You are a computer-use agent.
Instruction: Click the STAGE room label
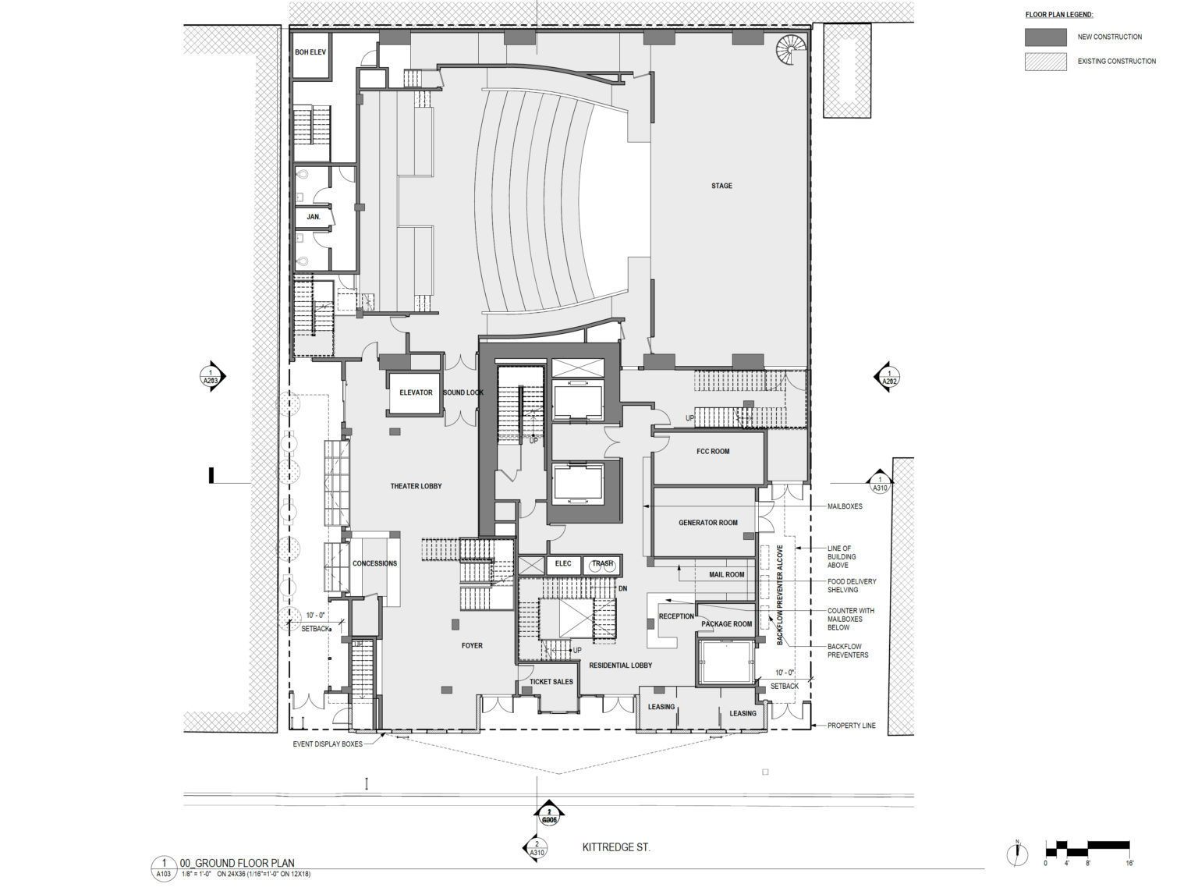coord(721,186)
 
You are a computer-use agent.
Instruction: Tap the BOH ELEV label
coord(310,52)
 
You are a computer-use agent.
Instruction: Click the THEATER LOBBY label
coord(416,486)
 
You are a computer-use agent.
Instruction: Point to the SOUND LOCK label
coord(463,392)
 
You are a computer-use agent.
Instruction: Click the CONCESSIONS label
coord(374,563)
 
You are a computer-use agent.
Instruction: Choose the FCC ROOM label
coord(713,452)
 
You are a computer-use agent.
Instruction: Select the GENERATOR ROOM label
coord(707,523)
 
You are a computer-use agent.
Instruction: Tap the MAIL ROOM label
coord(726,575)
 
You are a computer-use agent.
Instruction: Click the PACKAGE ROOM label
coord(726,624)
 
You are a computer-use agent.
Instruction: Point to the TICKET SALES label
coord(551,682)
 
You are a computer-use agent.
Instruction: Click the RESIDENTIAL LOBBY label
coord(620,666)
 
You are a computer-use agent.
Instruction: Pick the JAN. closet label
coord(313,217)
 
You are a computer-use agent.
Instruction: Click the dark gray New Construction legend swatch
coord(1045,37)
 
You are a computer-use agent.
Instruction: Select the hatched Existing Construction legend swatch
coord(1045,61)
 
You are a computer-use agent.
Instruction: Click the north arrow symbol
coord(1017,854)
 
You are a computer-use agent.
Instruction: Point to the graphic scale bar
coord(1087,846)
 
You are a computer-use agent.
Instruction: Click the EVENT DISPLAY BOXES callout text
coord(328,744)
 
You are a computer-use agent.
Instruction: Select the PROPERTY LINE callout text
coord(852,726)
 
